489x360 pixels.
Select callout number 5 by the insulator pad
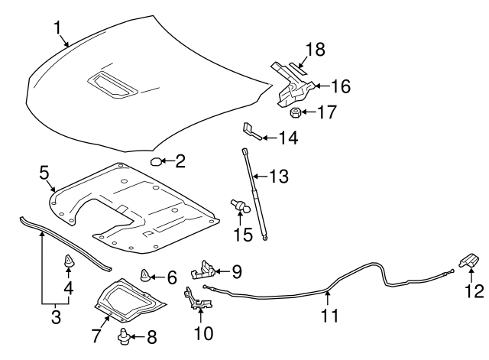point(44,173)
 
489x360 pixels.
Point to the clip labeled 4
point(69,263)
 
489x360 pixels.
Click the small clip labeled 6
point(144,275)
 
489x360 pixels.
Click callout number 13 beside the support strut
point(280,177)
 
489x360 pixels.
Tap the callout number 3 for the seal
point(53,313)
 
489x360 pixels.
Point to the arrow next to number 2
point(169,161)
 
